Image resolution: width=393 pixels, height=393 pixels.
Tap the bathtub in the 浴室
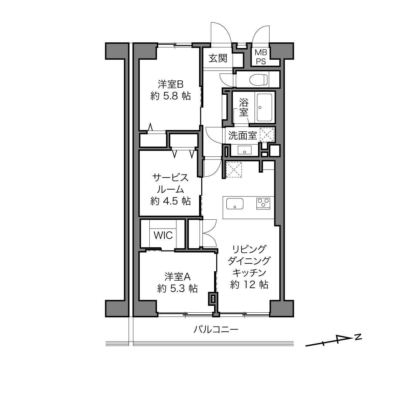point(264,107)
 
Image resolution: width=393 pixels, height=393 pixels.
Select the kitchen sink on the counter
point(235,204)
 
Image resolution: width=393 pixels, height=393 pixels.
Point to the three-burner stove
point(263,203)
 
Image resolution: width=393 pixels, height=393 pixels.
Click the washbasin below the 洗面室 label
point(245,150)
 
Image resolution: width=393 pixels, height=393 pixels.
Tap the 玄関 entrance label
point(218,58)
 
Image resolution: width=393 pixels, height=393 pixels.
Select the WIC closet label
point(163,235)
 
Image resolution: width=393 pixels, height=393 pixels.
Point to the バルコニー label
point(216,329)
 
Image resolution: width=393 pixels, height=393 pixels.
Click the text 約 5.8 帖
point(170,96)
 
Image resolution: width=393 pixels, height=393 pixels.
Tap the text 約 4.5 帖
point(170,201)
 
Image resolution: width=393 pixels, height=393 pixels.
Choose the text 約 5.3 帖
point(177,288)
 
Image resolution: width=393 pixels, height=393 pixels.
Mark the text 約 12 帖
point(249,284)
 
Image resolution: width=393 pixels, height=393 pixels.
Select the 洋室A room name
point(177,277)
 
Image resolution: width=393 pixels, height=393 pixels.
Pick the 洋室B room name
point(170,84)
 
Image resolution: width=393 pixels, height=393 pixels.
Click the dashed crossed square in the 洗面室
point(267,135)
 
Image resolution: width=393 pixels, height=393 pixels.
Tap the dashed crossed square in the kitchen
point(234,170)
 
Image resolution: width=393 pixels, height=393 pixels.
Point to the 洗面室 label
point(242,135)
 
